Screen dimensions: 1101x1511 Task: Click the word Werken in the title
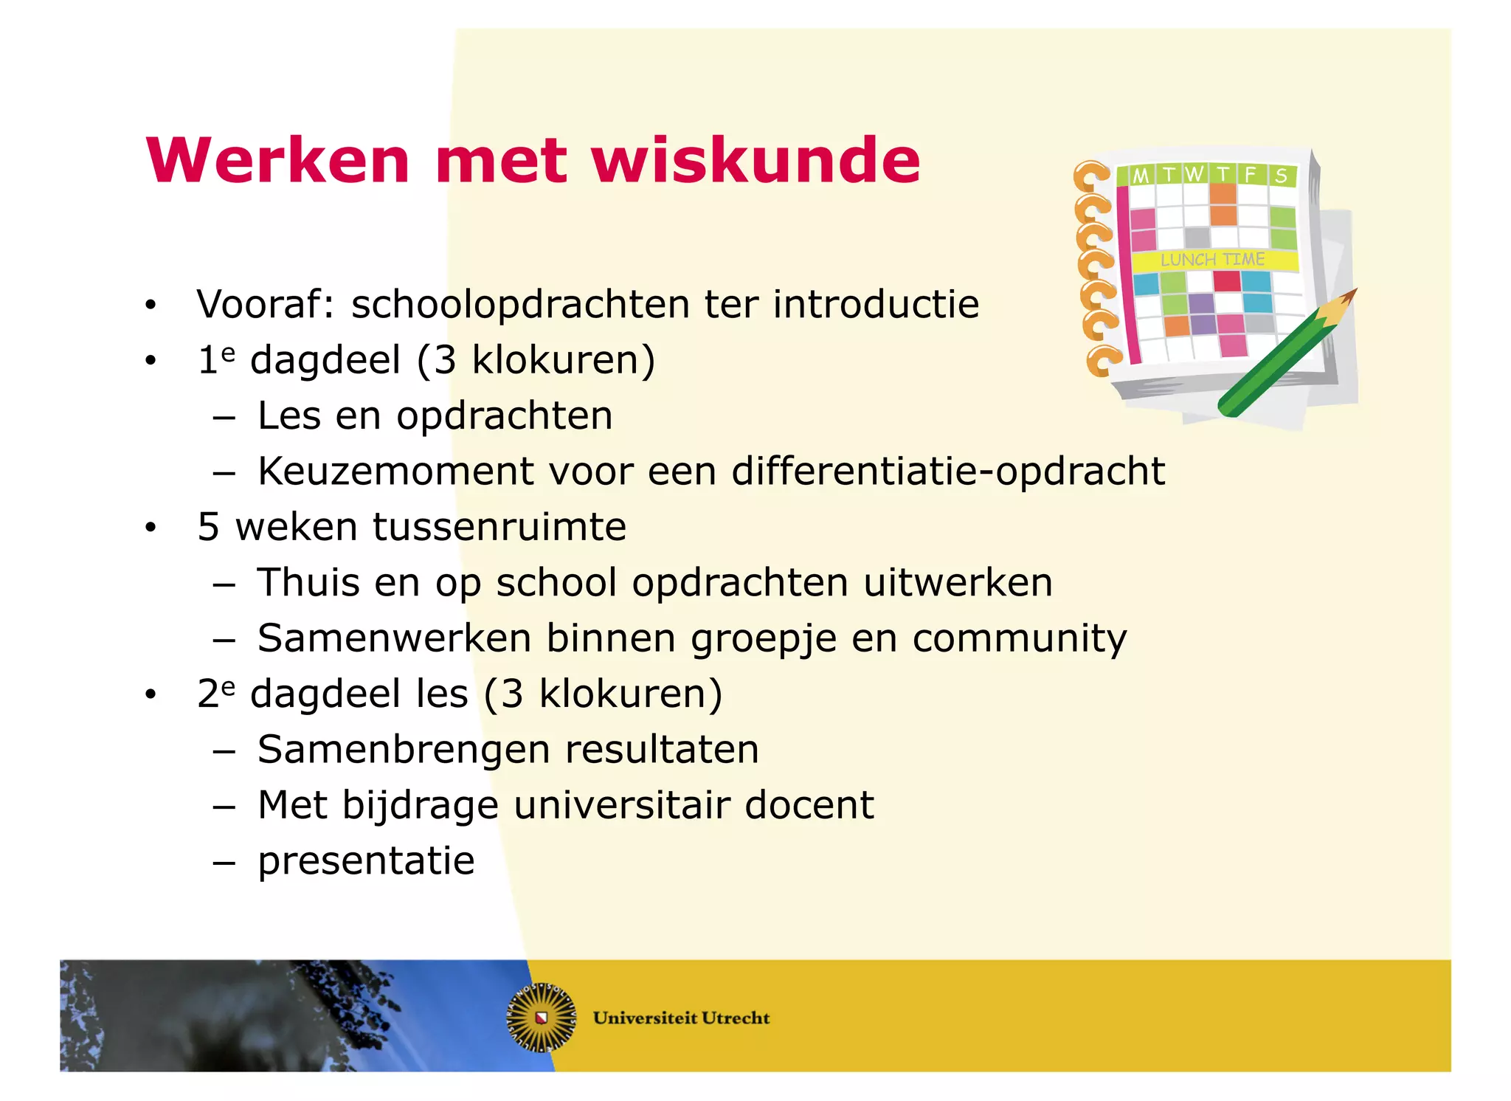(x=277, y=161)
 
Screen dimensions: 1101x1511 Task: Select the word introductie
(x=876, y=304)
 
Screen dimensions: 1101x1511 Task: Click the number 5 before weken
(x=208, y=527)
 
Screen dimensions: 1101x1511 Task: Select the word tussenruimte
(x=499, y=527)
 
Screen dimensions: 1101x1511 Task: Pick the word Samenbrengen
(x=404, y=750)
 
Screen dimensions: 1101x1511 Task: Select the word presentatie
(x=366, y=861)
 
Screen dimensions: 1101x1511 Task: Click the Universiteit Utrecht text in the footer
(x=681, y=1018)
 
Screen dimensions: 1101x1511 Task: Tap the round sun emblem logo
(x=542, y=1018)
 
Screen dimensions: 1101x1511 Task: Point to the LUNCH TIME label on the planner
(x=1212, y=260)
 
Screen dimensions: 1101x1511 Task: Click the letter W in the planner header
(x=1194, y=174)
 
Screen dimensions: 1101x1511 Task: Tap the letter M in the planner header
(x=1141, y=176)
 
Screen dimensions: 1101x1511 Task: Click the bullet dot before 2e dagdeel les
(x=151, y=694)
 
